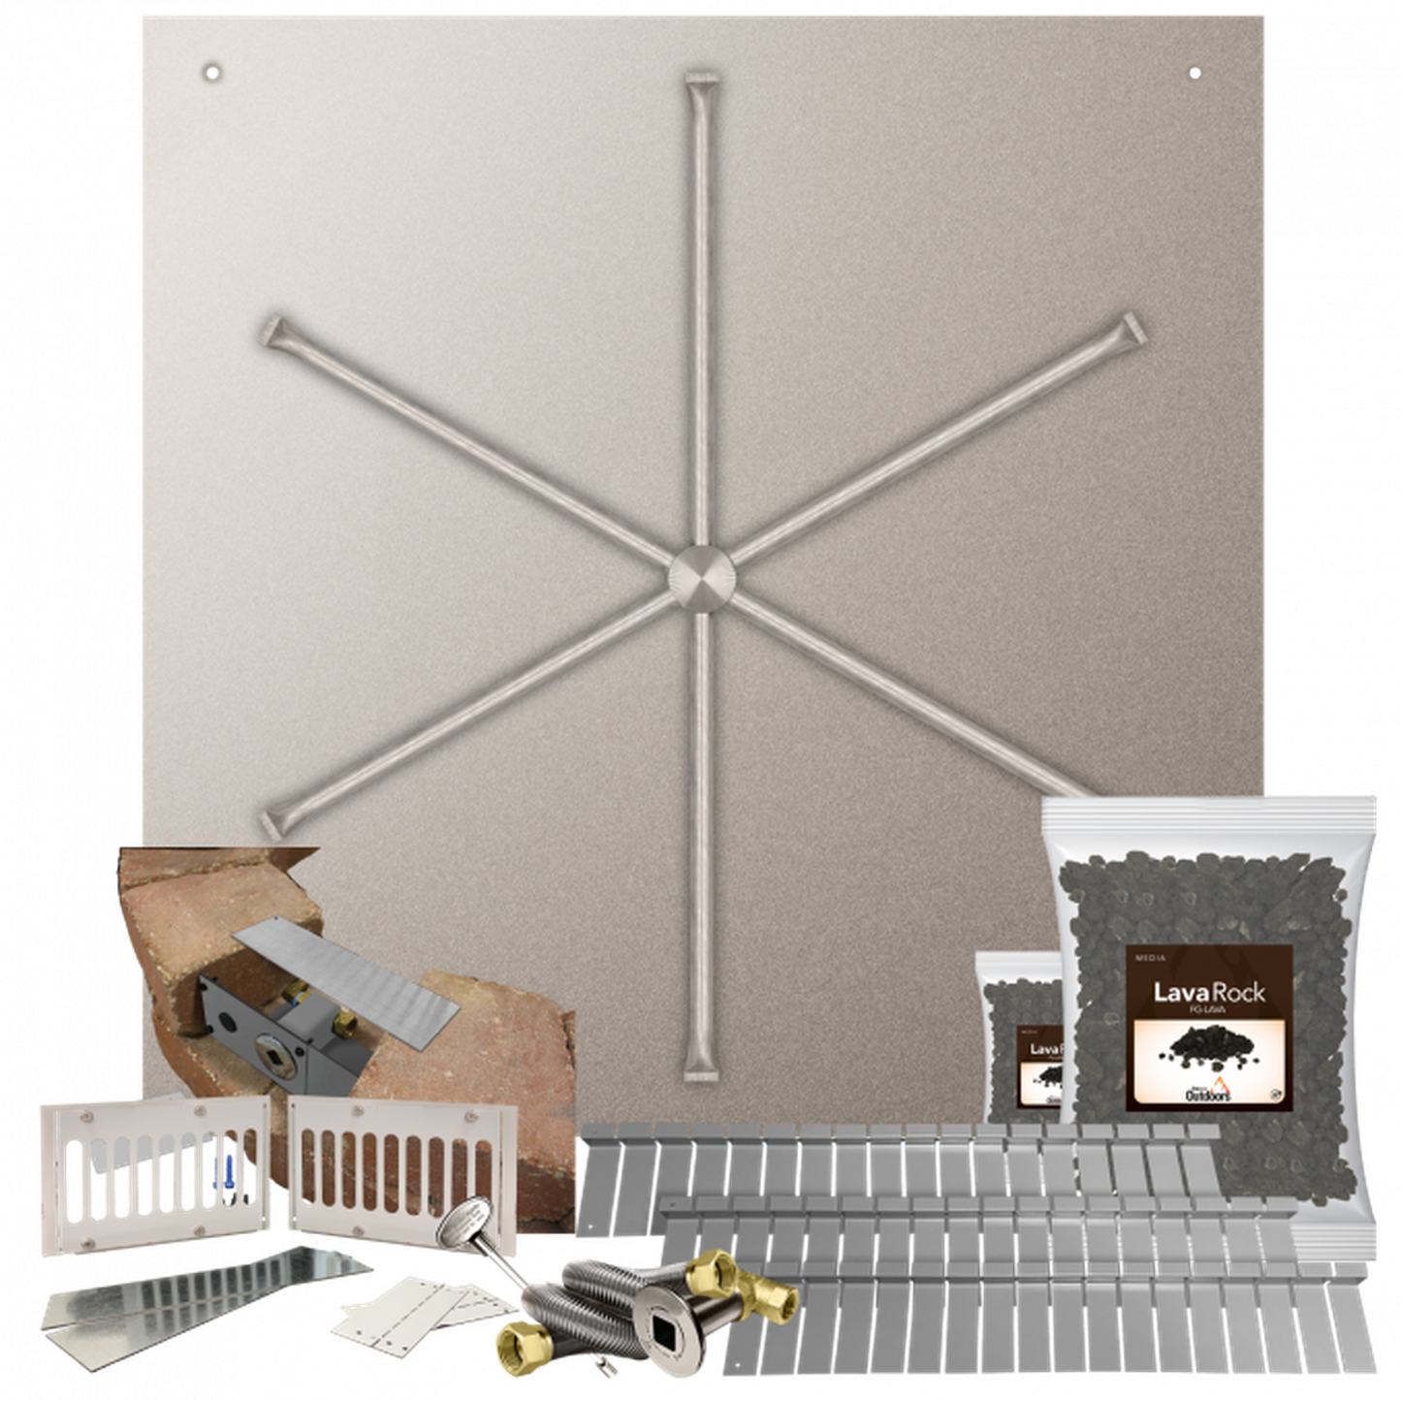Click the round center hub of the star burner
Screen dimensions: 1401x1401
click(701, 579)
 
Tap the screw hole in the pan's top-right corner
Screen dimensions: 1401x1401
click(1194, 73)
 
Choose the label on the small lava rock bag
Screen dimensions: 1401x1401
click(1038, 1067)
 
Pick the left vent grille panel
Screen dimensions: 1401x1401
click(152, 1162)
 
